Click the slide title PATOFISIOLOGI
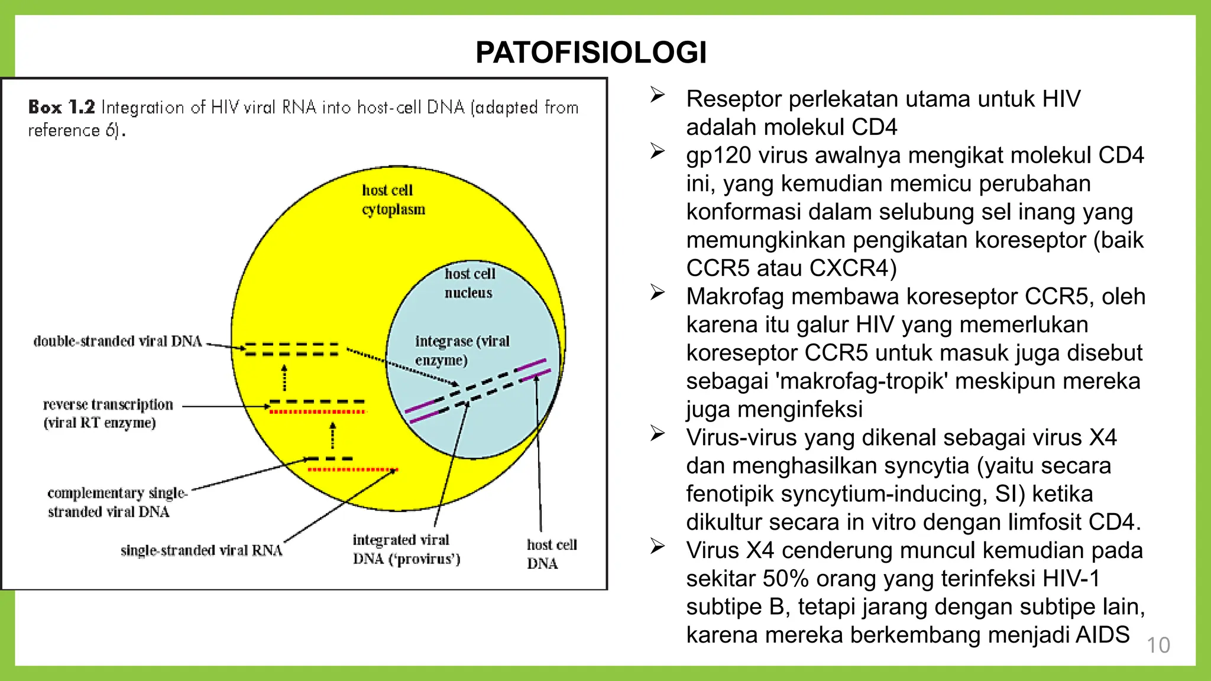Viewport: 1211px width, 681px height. [x=591, y=53]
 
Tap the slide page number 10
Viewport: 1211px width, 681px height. [x=1158, y=645]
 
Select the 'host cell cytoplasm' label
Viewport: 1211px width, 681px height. [x=393, y=200]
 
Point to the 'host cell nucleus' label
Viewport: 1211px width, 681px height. [x=469, y=283]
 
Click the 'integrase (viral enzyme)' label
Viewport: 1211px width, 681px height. [x=461, y=351]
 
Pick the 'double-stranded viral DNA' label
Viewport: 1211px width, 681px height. [x=118, y=341]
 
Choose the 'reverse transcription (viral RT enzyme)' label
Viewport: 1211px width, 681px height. [x=108, y=413]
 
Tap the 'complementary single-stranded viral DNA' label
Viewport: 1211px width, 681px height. [x=116, y=502]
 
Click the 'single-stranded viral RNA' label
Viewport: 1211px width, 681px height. [x=201, y=550]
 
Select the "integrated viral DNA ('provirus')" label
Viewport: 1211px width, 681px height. [x=406, y=549]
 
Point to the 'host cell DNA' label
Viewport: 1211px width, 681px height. [x=551, y=554]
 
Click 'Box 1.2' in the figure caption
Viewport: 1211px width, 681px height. [x=61, y=108]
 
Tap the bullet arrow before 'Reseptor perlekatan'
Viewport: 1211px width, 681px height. [x=658, y=95]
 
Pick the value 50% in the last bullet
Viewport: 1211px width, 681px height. [x=785, y=579]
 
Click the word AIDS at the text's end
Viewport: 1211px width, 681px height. [x=1102, y=635]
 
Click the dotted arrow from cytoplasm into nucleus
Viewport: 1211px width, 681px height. [x=401, y=367]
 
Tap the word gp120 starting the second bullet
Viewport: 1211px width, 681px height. [x=718, y=156]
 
